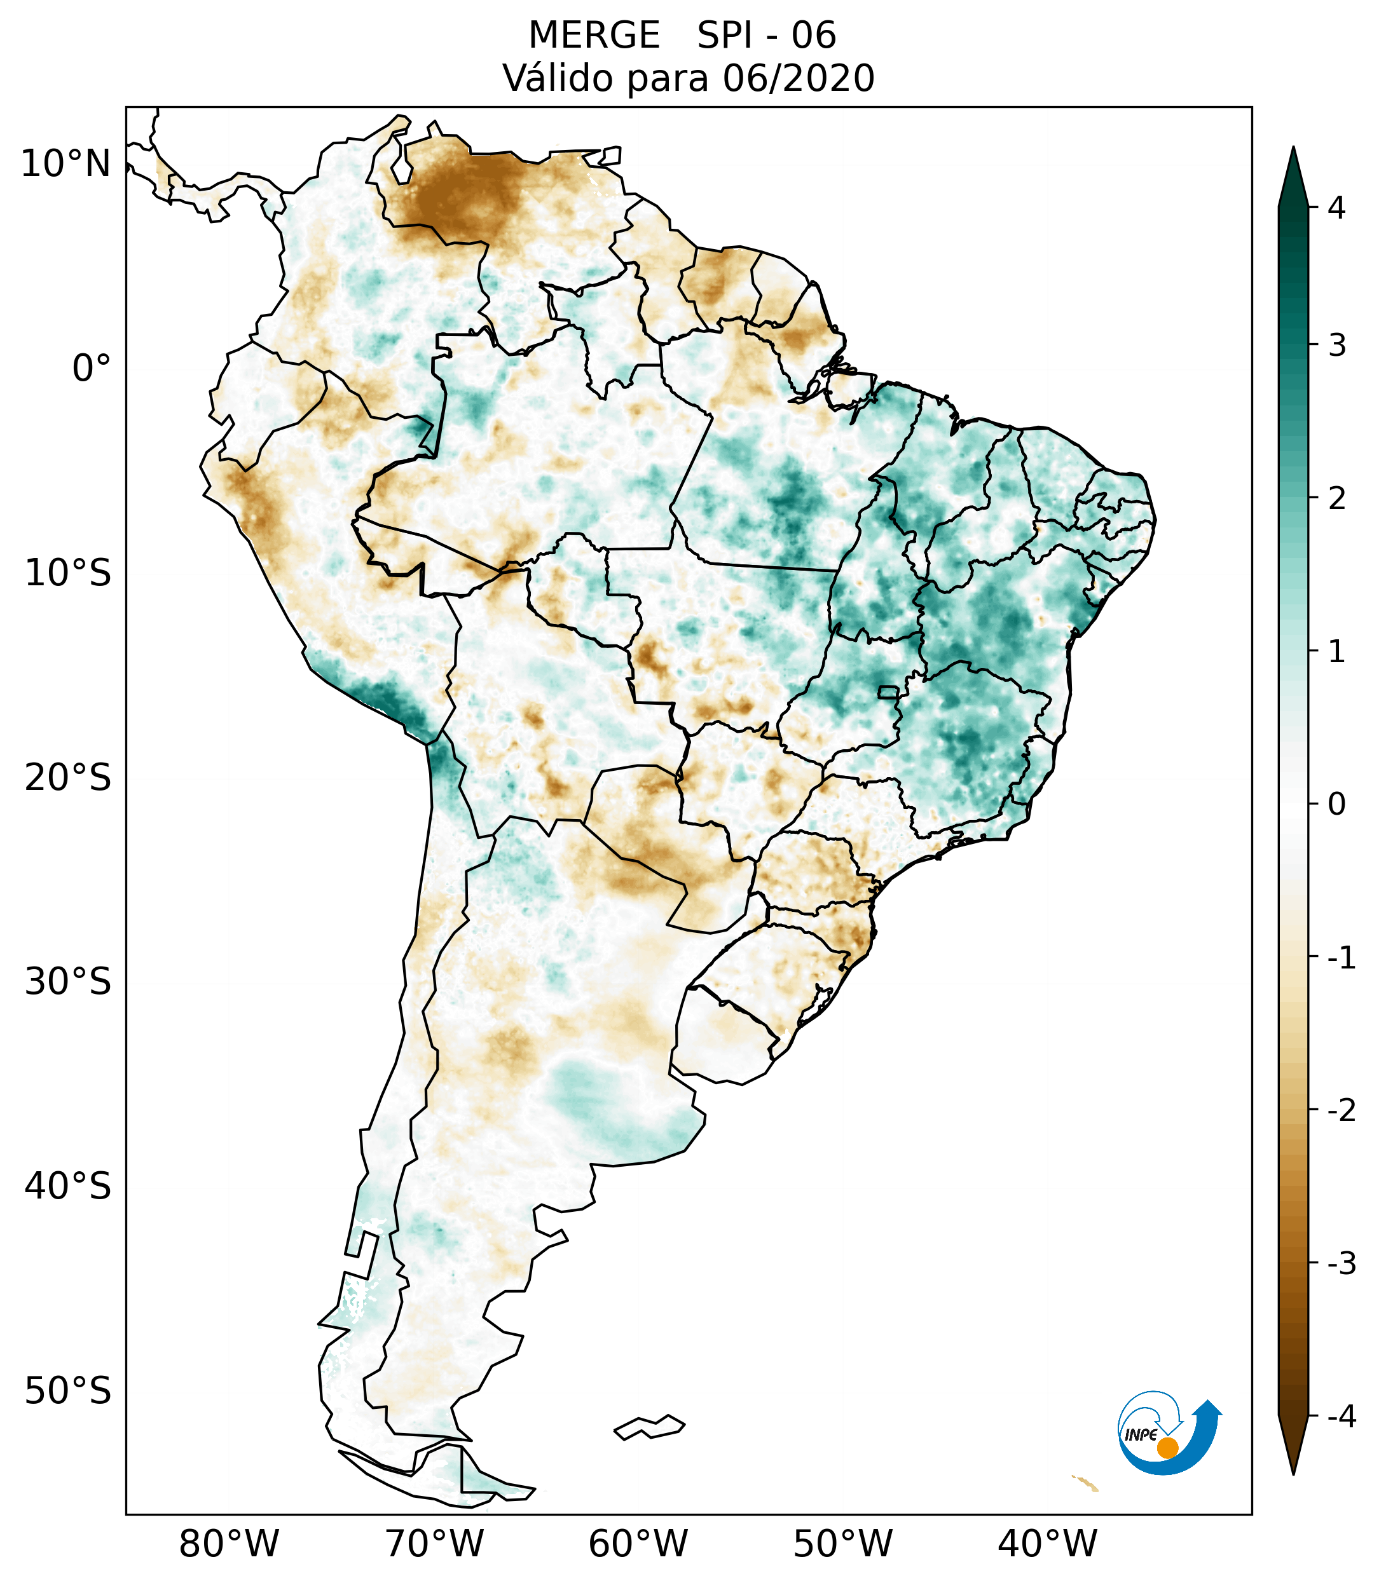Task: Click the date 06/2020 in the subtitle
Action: (798, 78)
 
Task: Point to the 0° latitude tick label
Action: (92, 369)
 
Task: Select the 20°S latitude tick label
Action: (68, 778)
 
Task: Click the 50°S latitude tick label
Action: (68, 1392)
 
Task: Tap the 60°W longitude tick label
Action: (638, 1544)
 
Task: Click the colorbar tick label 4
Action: (1336, 208)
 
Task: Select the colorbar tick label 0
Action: (1336, 805)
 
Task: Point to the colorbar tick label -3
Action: (1341, 1263)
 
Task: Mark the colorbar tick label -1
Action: (1341, 958)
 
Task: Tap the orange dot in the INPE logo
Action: (1167, 1448)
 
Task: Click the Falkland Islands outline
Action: (649, 1427)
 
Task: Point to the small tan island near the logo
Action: (1085, 1483)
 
